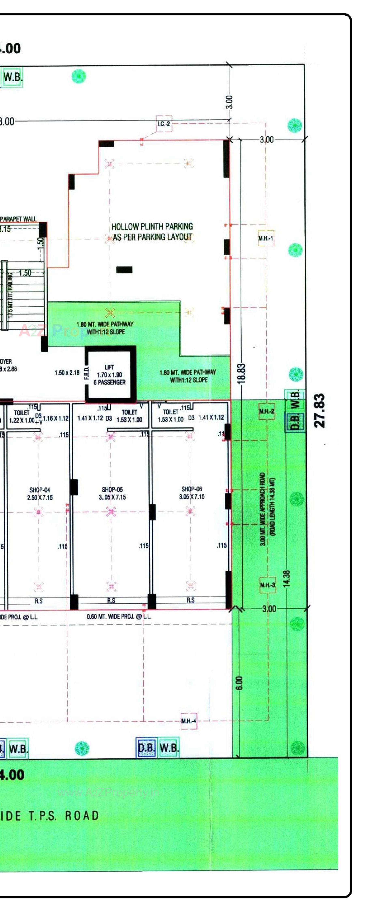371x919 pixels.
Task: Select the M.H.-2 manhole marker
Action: (x=267, y=411)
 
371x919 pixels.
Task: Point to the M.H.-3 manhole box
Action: (x=267, y=585)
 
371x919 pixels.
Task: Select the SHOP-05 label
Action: (x=112, y=493)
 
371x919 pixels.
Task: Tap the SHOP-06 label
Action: (x=192, y=493)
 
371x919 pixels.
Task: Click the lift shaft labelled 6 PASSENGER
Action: (x=110, y=375)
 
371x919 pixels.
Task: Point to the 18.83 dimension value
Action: (x=241, y=373)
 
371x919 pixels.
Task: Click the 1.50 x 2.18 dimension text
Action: (x=67, y=373)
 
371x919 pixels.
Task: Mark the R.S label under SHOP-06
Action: (x=191, y=600)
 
